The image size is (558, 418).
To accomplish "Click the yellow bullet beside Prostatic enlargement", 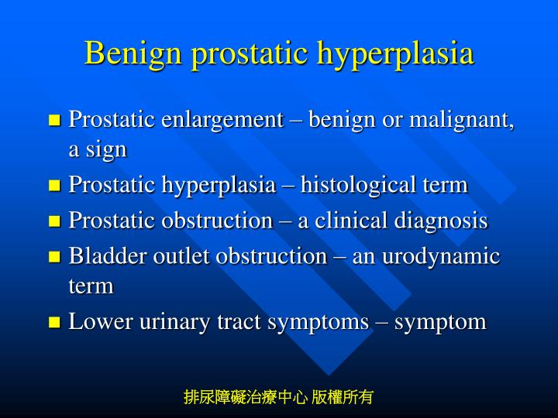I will click(x=54, y=121).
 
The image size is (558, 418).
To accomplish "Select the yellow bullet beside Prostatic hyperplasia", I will click(x=54, y=186).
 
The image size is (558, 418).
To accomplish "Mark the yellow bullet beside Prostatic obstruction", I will click(x=54, y=221).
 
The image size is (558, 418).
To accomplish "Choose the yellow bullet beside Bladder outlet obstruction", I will click(x=54, y=257).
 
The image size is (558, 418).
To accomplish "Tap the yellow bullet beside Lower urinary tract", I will click(x=54, y=322).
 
